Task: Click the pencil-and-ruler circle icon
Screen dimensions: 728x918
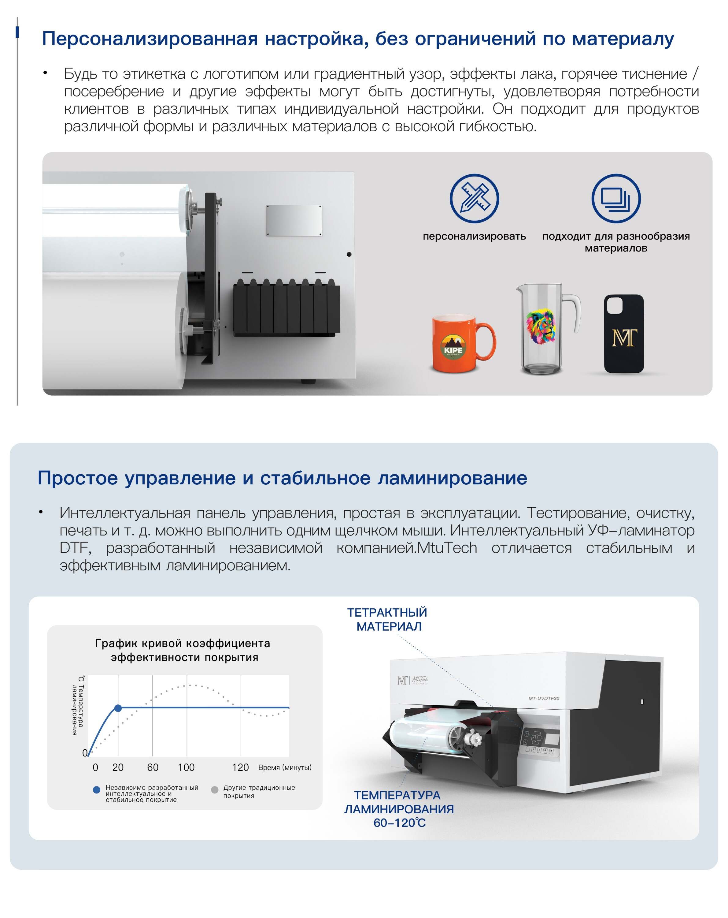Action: [x=474, y=198]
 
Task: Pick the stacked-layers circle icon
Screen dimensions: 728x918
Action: [x=616, y=198]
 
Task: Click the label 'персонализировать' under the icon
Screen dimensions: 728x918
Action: [x=474, y=236]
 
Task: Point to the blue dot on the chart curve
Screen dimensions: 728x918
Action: [x=118, y=708]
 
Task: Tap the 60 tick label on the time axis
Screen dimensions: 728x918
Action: [x=153, y=767]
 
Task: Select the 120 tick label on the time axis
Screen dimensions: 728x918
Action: [x=240, y=767]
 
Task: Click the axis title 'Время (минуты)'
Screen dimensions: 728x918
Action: [x=285, y=767]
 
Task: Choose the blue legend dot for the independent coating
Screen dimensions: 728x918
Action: [x=97, y=790]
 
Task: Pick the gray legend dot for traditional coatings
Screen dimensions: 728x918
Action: [x=214, y=790]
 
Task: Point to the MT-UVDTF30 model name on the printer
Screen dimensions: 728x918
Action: [x=544, y=698]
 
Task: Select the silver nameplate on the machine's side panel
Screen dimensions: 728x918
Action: [x=294, y=220]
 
